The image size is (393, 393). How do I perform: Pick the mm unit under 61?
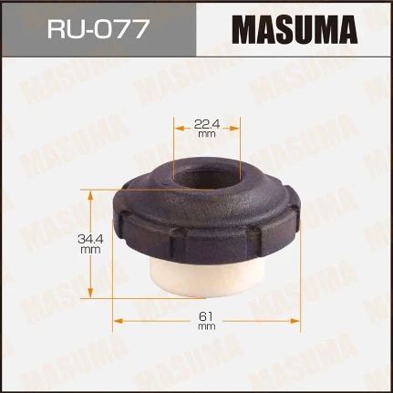(x=206, y=326)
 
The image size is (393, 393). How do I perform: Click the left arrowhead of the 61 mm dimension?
(x=116, y=321)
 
